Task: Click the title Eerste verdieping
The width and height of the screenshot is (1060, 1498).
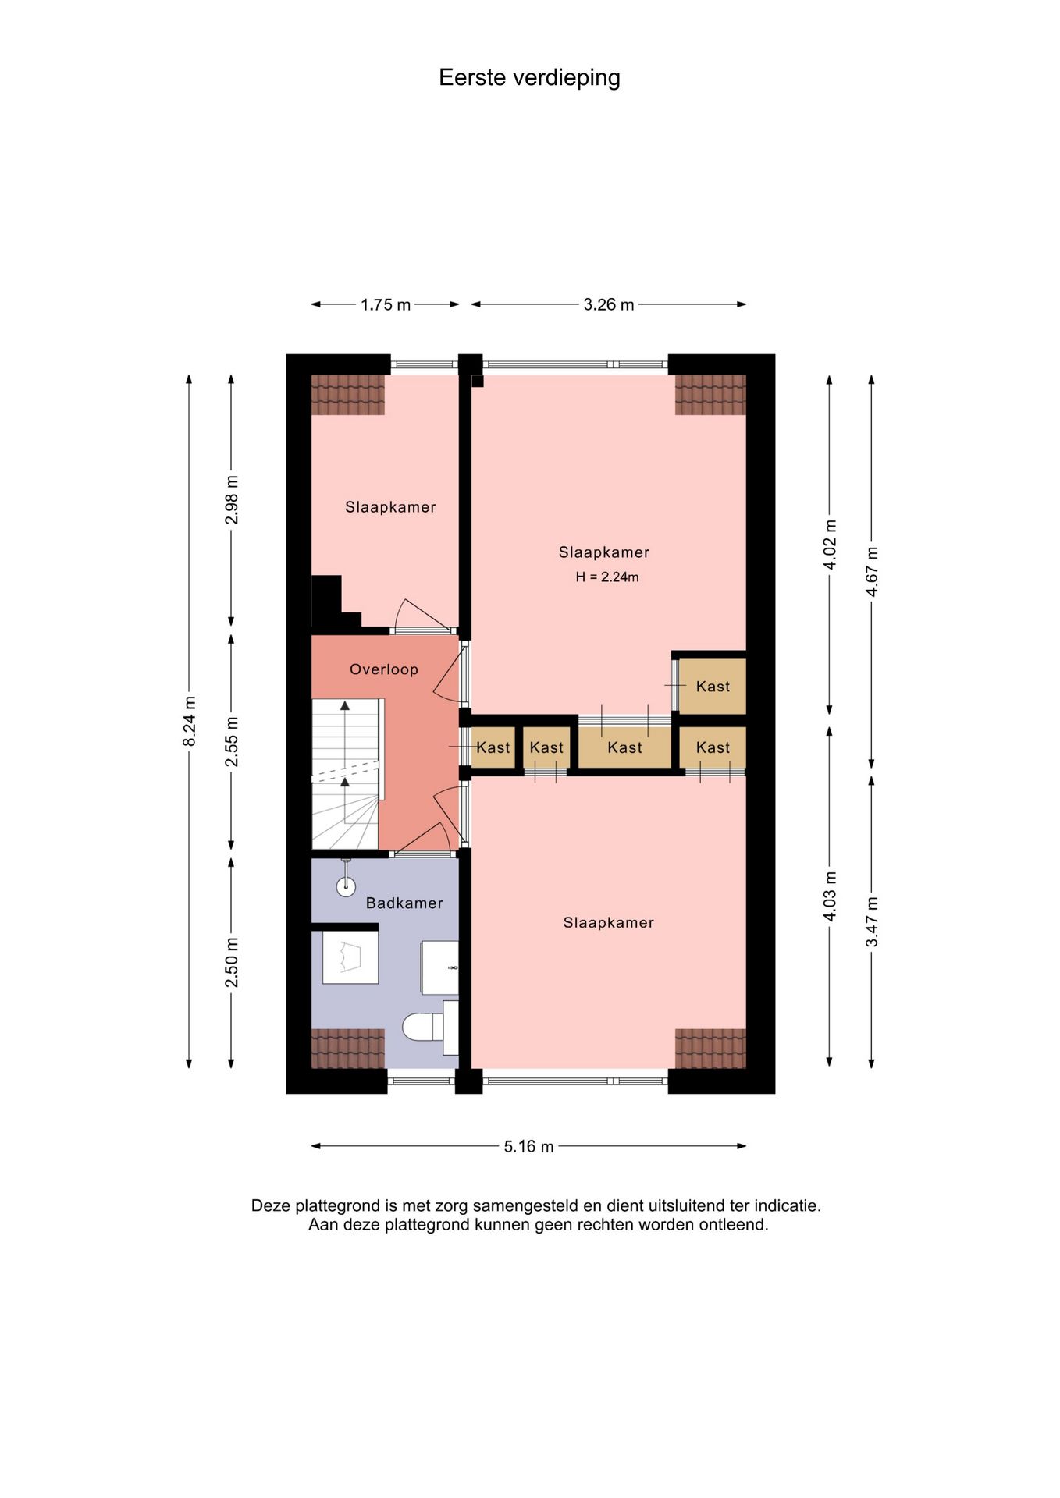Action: tap(529, 78)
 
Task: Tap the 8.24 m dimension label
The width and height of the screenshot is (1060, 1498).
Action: tap(189, 721)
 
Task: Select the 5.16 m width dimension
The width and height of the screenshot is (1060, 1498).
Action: tap(528, 1146)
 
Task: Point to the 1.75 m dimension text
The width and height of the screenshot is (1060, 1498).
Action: tap(386, 304)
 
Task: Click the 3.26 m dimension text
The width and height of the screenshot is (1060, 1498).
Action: tap(609, 304)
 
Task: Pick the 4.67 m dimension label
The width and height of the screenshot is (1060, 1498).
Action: tap(872, 572)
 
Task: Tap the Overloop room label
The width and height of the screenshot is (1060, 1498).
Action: tap(384, 669)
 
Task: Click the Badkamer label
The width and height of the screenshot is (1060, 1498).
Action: tap(404, 903)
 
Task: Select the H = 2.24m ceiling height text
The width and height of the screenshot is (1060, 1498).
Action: tap(607, 577)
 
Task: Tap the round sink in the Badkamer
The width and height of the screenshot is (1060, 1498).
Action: tap(346, 886)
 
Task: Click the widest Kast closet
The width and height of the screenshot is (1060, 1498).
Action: tap(624, 747)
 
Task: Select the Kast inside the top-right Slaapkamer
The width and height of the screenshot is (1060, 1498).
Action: tap(713, 687)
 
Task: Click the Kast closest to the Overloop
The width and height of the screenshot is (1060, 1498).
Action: tap(493, 747)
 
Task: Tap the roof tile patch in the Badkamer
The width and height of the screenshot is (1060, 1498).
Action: tap(348, 1048)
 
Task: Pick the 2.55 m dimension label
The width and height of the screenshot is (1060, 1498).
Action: tap(232, 741)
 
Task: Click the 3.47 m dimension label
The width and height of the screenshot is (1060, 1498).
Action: tap(872, 922)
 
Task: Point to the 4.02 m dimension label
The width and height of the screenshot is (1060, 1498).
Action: tap(830, 545)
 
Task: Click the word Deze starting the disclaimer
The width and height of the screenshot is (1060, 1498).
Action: tap(270, 1205)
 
